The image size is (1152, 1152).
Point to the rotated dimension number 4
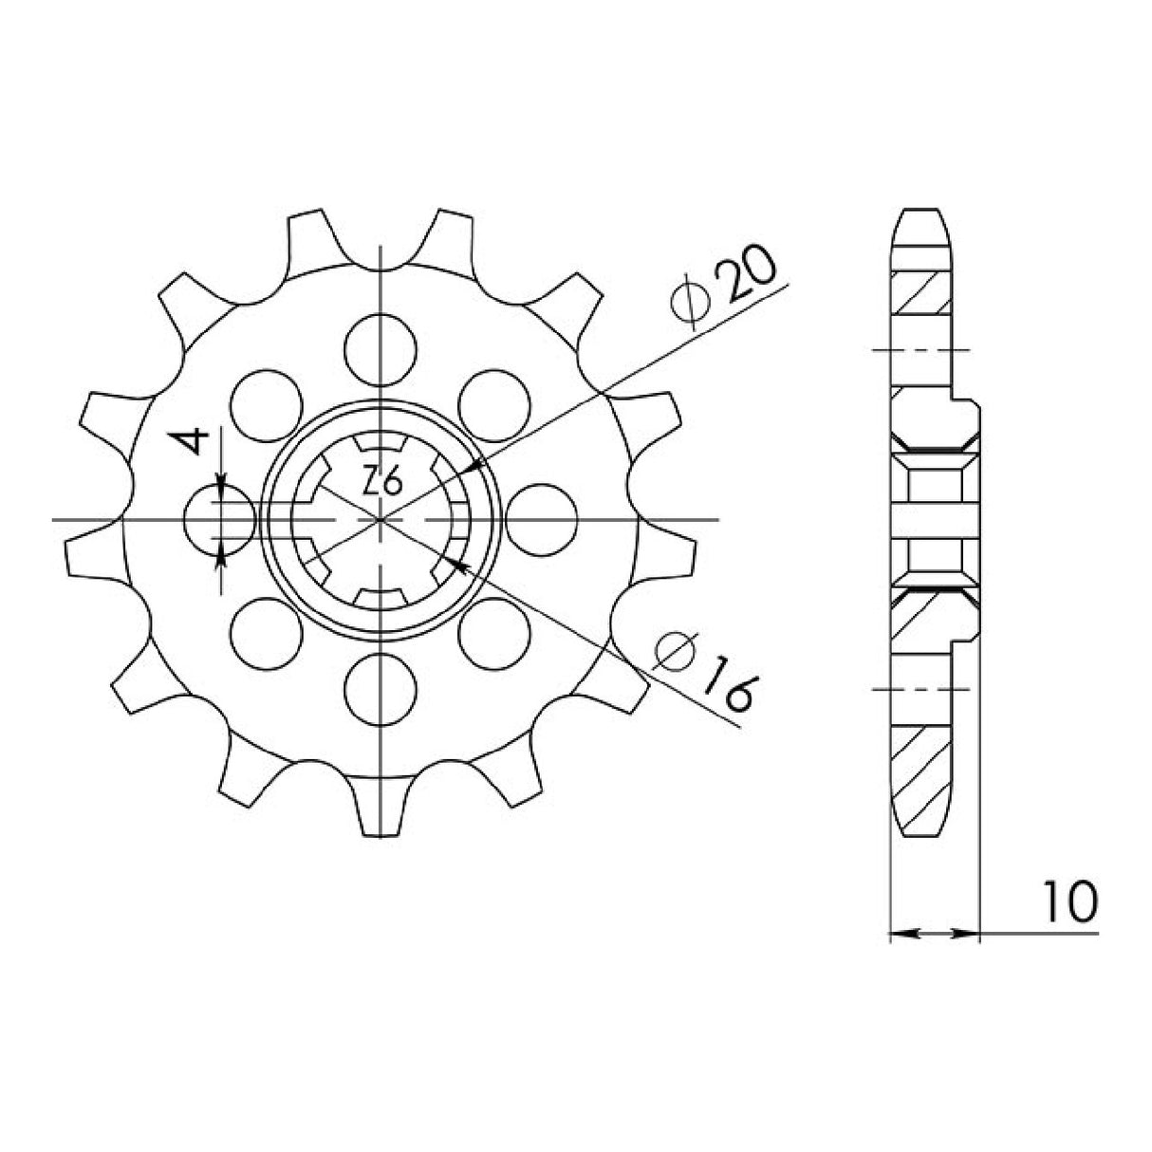(x=191, y=442)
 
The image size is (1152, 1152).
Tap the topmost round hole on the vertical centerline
(x=381, y=348)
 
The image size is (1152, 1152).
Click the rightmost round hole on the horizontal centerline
(x=542, y=519)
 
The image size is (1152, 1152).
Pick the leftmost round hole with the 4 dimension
(x=220, y=519)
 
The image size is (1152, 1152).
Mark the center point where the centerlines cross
(x=381, y=519)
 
